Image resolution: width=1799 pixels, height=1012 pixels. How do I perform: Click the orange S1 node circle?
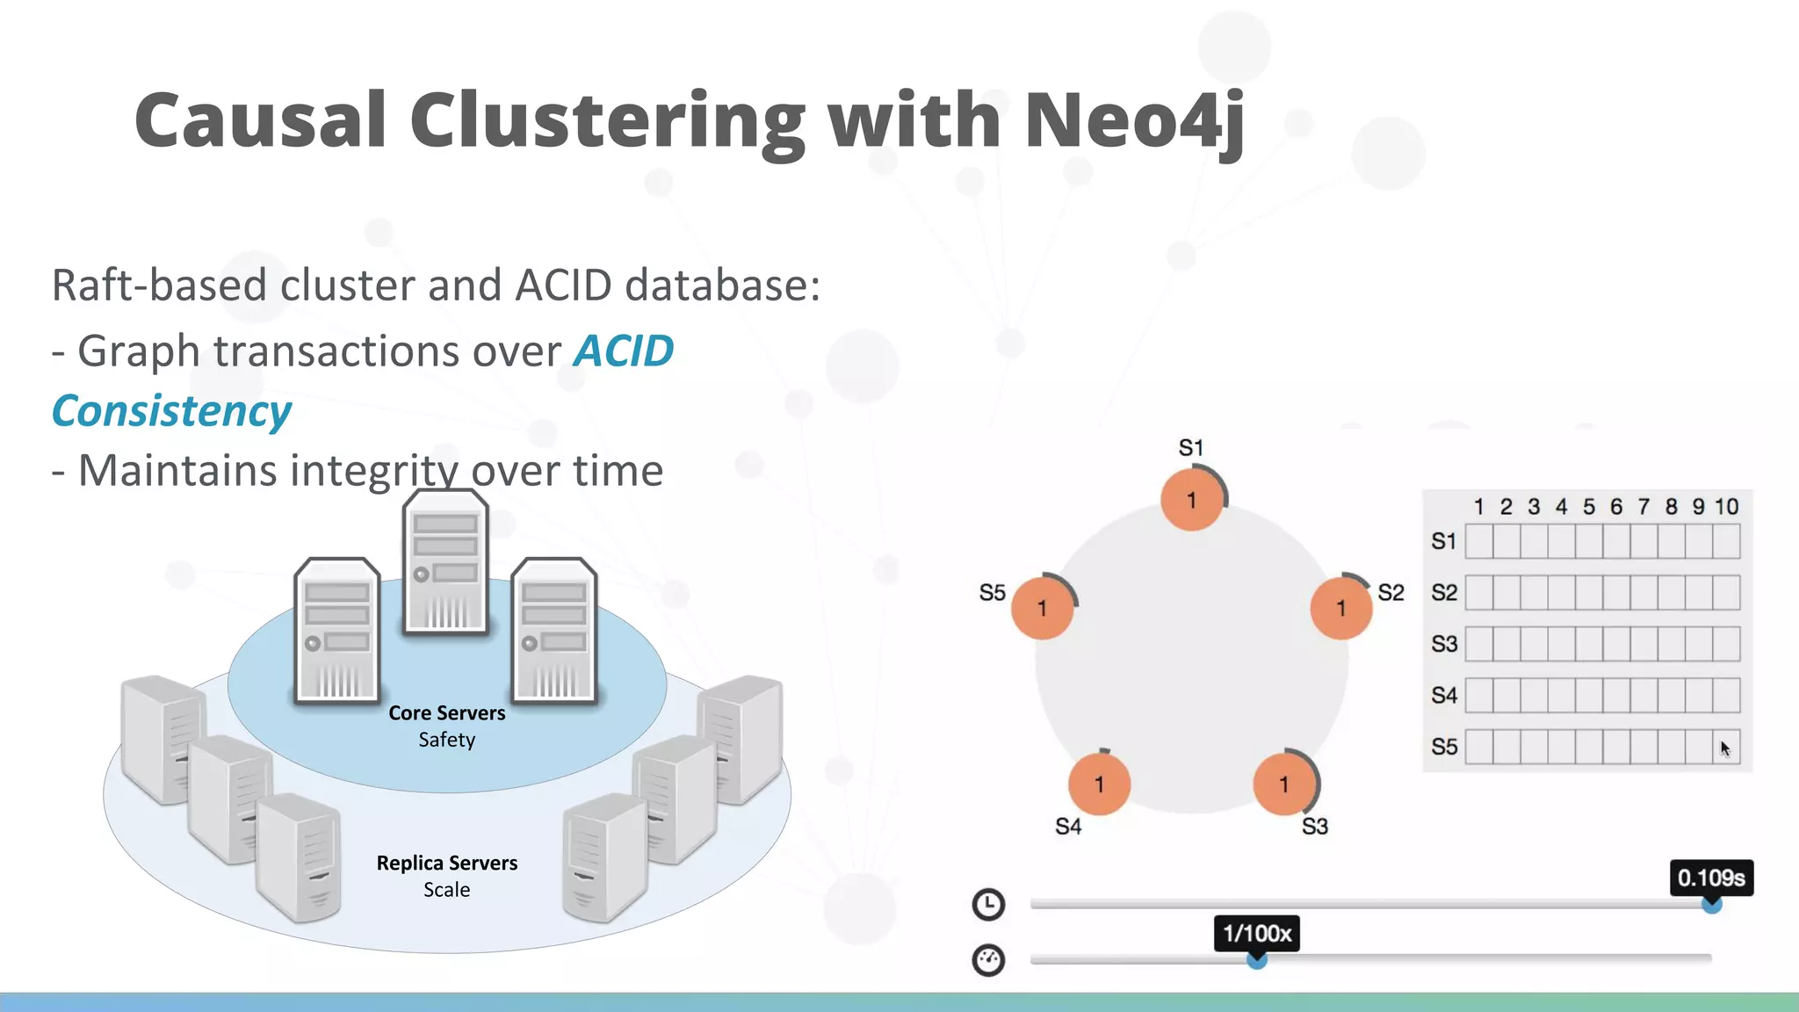coord(1191,500)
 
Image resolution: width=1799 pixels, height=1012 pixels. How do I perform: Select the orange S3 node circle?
coord(1284,784)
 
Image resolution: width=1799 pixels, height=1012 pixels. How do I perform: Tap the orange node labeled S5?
coord(1042,608)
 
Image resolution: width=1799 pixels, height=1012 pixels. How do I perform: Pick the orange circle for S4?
coord(1099,784)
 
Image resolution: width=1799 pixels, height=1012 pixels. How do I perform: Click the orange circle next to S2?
coord(1340,608)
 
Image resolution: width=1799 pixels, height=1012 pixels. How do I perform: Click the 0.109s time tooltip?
coord(1710,878)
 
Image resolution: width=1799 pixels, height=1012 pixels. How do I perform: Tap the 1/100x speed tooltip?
coord(1257,933)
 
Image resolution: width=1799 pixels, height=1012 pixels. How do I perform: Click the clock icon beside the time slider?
coord(988,904)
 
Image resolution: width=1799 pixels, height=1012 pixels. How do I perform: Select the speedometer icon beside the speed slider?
coord(988,959)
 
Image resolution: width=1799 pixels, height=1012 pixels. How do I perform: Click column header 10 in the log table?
coord(1726,507)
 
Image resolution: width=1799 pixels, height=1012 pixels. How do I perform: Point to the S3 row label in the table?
coord(1444,644)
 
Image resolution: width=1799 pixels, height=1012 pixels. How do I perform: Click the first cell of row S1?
coord(1479,541)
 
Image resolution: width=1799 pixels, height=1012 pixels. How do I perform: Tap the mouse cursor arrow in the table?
coord(1724,748)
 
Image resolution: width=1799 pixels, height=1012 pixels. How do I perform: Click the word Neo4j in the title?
coord(1134,120)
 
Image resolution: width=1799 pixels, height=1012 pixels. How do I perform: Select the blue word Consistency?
coord(171,411)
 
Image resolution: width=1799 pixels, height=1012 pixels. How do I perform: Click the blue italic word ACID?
coord(624,351)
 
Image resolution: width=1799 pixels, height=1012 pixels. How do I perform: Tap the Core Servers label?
coord(446,713)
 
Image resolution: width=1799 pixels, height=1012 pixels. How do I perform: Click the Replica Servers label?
coord(446,863)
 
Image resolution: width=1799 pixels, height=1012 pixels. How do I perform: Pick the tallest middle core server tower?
coord(444,562)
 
